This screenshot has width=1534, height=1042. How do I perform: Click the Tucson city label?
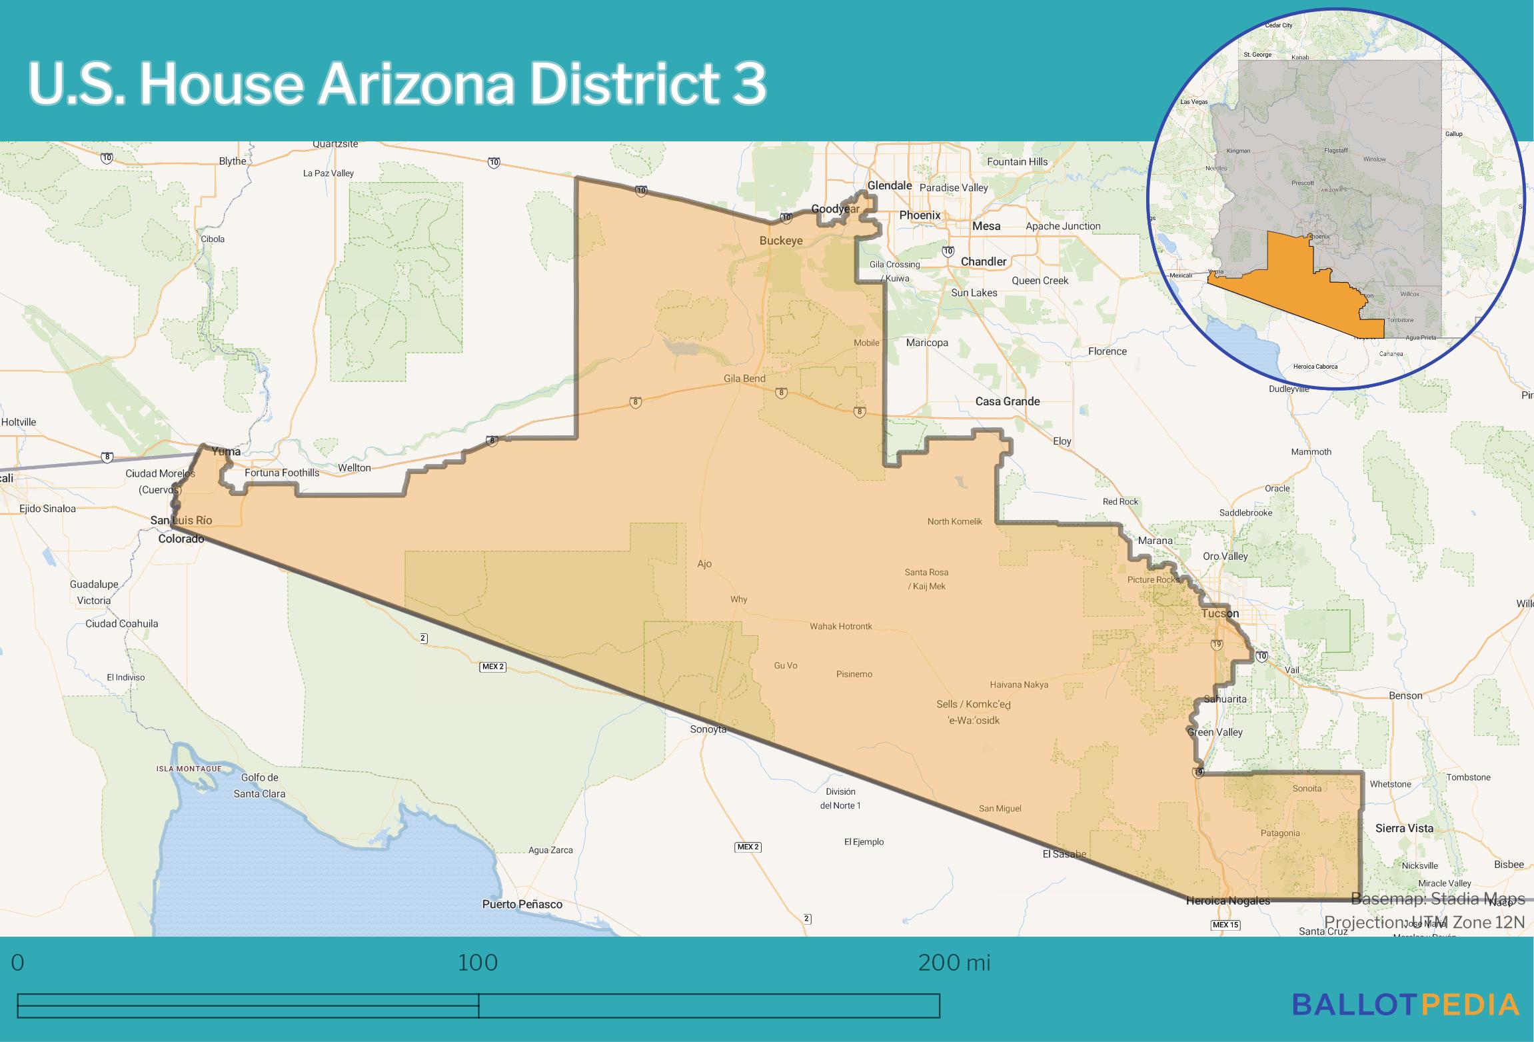click(1219, 613)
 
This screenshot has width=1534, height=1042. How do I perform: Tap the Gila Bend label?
click(744, 379)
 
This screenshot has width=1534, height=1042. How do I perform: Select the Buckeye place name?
click(781, 241)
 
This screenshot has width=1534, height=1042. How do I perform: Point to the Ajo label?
click(704, 564)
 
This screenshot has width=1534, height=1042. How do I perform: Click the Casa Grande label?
click(1007, 401)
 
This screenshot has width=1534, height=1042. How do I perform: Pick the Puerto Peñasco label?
click(522, 905)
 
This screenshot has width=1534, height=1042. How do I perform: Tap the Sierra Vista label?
click(1404, 828)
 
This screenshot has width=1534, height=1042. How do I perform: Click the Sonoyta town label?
click(708, 729)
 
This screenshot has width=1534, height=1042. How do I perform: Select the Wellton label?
click(354, 468)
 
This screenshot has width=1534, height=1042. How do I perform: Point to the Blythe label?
click(233, 161)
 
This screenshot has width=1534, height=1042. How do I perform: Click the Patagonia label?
click(1280, 833)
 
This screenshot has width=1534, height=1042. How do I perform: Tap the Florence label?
click(1107, 351)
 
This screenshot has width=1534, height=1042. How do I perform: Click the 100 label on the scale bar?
click(478, 963)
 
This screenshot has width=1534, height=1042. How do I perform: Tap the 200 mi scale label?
click(954, 963)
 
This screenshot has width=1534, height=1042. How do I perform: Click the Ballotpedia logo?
click(1405, 1005)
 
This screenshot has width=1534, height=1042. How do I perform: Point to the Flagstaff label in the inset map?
click(1335, 151)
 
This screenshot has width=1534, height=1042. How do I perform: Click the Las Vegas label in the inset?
click(1194, 102)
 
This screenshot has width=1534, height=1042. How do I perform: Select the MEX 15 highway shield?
click(1225, 925)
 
